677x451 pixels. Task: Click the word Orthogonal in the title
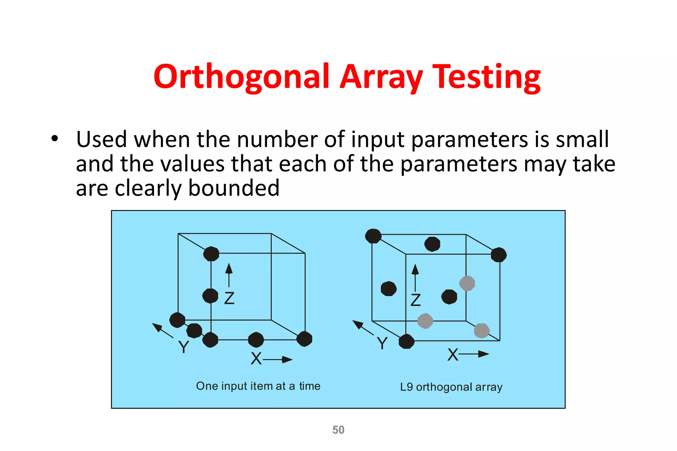pyautogui.click(x=242, y=77)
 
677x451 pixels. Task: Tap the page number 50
pyautogui.click(x=338, y=430)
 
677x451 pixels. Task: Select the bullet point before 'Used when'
pyautogui.click(x=55, y=139)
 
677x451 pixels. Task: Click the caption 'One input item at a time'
pyautogui.click(x=258, y=386)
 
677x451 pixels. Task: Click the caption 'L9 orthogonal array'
pyautogui.click(x=451, y=387)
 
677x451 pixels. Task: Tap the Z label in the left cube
pyautogui.click(x=229, y=298)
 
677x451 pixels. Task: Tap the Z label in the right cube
pyautogui.click(x=416, y=300)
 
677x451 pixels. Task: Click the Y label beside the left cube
pyautogui.click(x=183, y=347)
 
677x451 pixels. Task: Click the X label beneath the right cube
pyautogui.click(x=453, y=355)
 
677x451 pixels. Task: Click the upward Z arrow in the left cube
pyautogui.click(x=229, y=274)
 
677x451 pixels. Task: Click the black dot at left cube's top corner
pyautogui.click(x=211, y=254)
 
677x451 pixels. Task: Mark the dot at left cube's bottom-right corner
pyautogui.click(x=304, y=339)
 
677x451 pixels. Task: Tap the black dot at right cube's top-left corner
pyautogui.click(x=373, y=236)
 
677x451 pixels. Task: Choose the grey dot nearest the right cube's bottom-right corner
pyautogui.click(x=482, y=330)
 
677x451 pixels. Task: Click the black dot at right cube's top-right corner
pyautogui.click(x=498, y=255)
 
